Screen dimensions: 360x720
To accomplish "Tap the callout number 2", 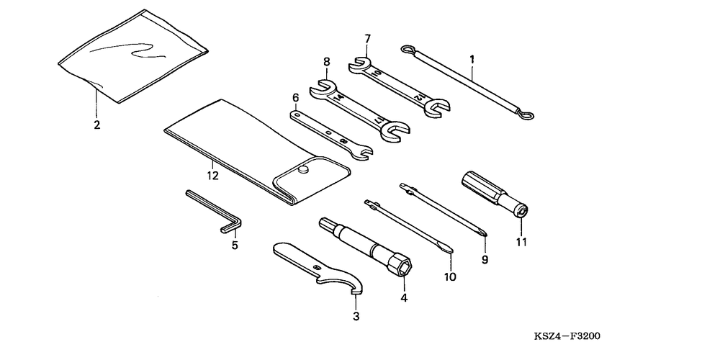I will point(96,124).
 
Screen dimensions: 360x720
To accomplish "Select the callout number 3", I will point(356,315).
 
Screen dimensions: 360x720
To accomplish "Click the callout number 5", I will point(234,246).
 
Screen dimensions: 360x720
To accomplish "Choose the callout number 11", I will point(521,243).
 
